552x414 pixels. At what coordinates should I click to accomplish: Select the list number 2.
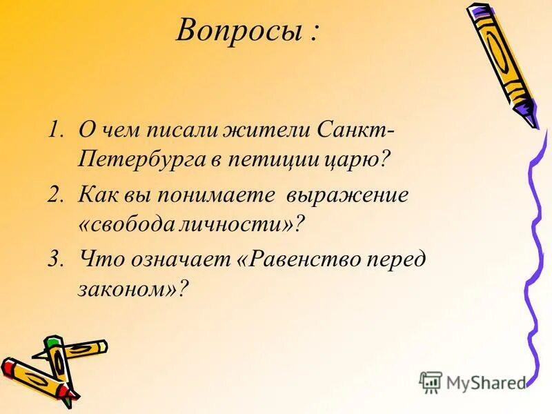pyautogui.click(x=56, y=195)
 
